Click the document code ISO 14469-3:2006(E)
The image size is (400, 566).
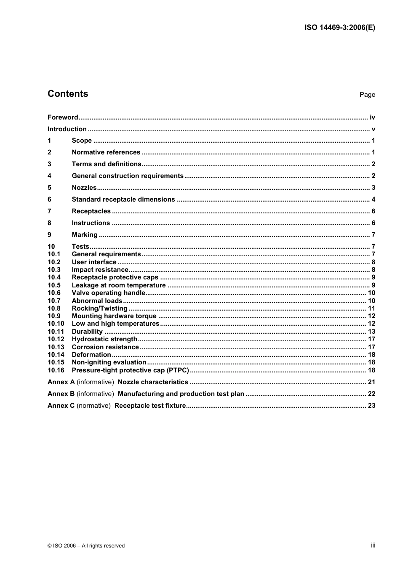(339, 28)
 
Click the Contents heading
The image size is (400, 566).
(68, 94)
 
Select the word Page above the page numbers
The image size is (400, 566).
(367, 95)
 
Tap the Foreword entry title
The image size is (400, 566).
(63, 117)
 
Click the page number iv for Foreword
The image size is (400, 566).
(372, 117)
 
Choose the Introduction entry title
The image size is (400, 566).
(67, 129)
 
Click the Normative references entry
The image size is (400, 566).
(106, 152)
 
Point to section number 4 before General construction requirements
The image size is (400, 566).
(49, 176)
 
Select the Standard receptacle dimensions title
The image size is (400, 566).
(123, 199)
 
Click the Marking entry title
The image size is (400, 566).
(84, 235)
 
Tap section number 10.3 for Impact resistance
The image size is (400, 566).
(54, 270)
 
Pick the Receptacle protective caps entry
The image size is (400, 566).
(115, 277)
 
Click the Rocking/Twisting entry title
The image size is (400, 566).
(99, 308)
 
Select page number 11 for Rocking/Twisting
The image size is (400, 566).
(371, 308)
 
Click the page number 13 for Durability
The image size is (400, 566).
(371, 332)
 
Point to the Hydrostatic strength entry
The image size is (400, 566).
(104, 339)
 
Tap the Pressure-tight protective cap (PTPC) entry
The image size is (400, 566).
(130, 370)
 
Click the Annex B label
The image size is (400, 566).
(61, 394)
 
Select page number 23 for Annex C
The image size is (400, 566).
(371, 406)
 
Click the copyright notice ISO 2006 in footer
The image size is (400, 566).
(86, 546)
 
